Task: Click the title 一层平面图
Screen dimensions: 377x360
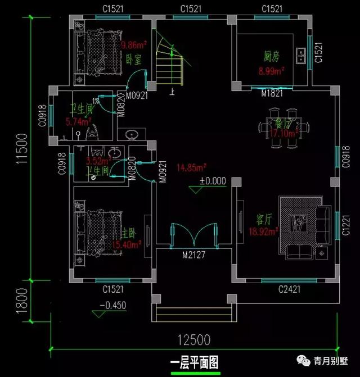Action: [193, 361]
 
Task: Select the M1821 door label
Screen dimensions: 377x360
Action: [272, 94]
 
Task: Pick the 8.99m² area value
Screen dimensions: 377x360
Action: [271, 71]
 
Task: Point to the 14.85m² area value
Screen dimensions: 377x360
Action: [192, 167]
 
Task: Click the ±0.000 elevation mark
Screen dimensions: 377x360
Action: [212, 181]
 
